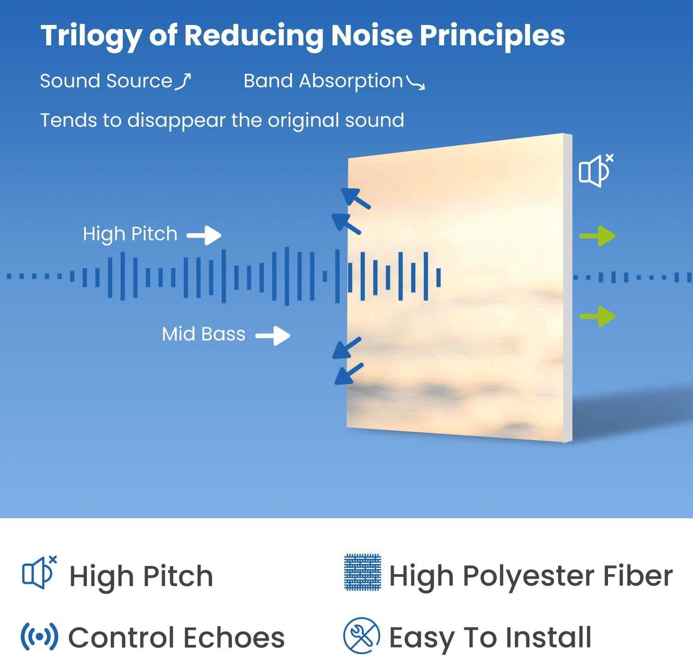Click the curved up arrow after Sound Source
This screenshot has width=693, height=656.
(183, 81)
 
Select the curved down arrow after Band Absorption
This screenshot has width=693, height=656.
(416, 83)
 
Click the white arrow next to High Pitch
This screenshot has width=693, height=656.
(204, 235)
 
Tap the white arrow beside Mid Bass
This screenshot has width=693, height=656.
(273, 336)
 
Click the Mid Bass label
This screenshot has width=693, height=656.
(203, 334)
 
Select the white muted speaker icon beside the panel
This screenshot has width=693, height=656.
(596, 171)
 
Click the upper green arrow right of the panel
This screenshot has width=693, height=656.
(597, 236)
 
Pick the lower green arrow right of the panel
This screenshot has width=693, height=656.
(597, 316)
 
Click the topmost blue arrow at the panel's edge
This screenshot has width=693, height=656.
(356, 198)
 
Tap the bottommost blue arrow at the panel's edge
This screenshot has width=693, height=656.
(349, 374)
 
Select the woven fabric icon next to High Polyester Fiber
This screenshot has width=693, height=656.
(363, 572)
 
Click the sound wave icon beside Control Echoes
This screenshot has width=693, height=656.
(39, 637)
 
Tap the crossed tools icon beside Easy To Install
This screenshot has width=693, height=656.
(362, 636)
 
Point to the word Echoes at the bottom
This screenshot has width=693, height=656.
(234, 638)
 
